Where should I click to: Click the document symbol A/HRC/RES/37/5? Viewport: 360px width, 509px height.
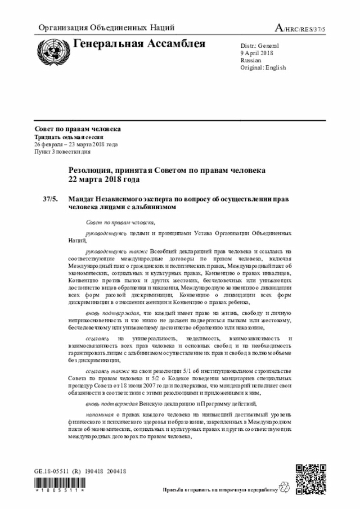coord(303,28)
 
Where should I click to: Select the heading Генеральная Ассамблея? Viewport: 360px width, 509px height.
coord(139,44)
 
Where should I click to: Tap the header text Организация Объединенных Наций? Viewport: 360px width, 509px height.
coord(106,28)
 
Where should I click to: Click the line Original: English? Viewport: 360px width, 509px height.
coord(263,67)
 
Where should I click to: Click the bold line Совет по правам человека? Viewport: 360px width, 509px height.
coord(78,129)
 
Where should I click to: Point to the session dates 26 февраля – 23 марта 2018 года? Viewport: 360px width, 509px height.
coord(76,145)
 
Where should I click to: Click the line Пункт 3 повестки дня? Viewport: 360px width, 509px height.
coord(62,152)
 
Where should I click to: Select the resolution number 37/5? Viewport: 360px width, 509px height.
coord(49,199)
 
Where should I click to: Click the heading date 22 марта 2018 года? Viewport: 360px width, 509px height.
coord(103,179)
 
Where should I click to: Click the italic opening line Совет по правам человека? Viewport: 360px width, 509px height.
coord(120,222)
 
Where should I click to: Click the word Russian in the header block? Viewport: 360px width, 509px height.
coord(251,60)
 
